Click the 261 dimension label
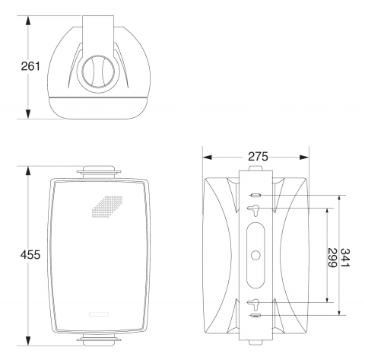click(30, 66)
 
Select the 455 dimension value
click(30, 255)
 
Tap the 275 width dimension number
click(258, 157)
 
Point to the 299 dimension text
click(332, 258)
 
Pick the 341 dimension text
click(345, 257)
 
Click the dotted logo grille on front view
click(107, 207)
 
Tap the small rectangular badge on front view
click(99, 314)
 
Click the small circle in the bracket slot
click(255, 255)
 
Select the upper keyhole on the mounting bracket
click(253, 210)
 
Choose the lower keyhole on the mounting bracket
click(253, 304)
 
